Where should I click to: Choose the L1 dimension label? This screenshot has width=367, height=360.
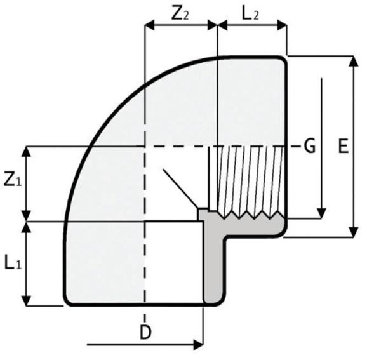(x=13, y=262)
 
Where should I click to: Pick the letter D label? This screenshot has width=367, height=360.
(x=145, y=331)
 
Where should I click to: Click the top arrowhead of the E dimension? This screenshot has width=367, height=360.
(x=353, y=61)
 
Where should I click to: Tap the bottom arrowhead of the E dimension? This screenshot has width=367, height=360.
(x=353, y=232)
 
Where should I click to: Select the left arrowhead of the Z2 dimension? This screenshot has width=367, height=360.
(x=150, y=26)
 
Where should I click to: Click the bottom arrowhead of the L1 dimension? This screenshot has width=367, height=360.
(x=26, y=300)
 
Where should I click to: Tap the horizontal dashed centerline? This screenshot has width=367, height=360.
(x=178, y=147)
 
